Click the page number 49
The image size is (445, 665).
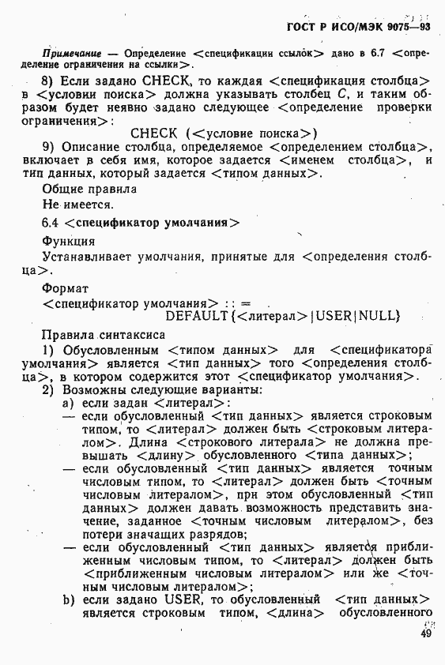(x=426, y=633)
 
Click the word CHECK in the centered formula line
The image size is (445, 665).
(x=156, y=133)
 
